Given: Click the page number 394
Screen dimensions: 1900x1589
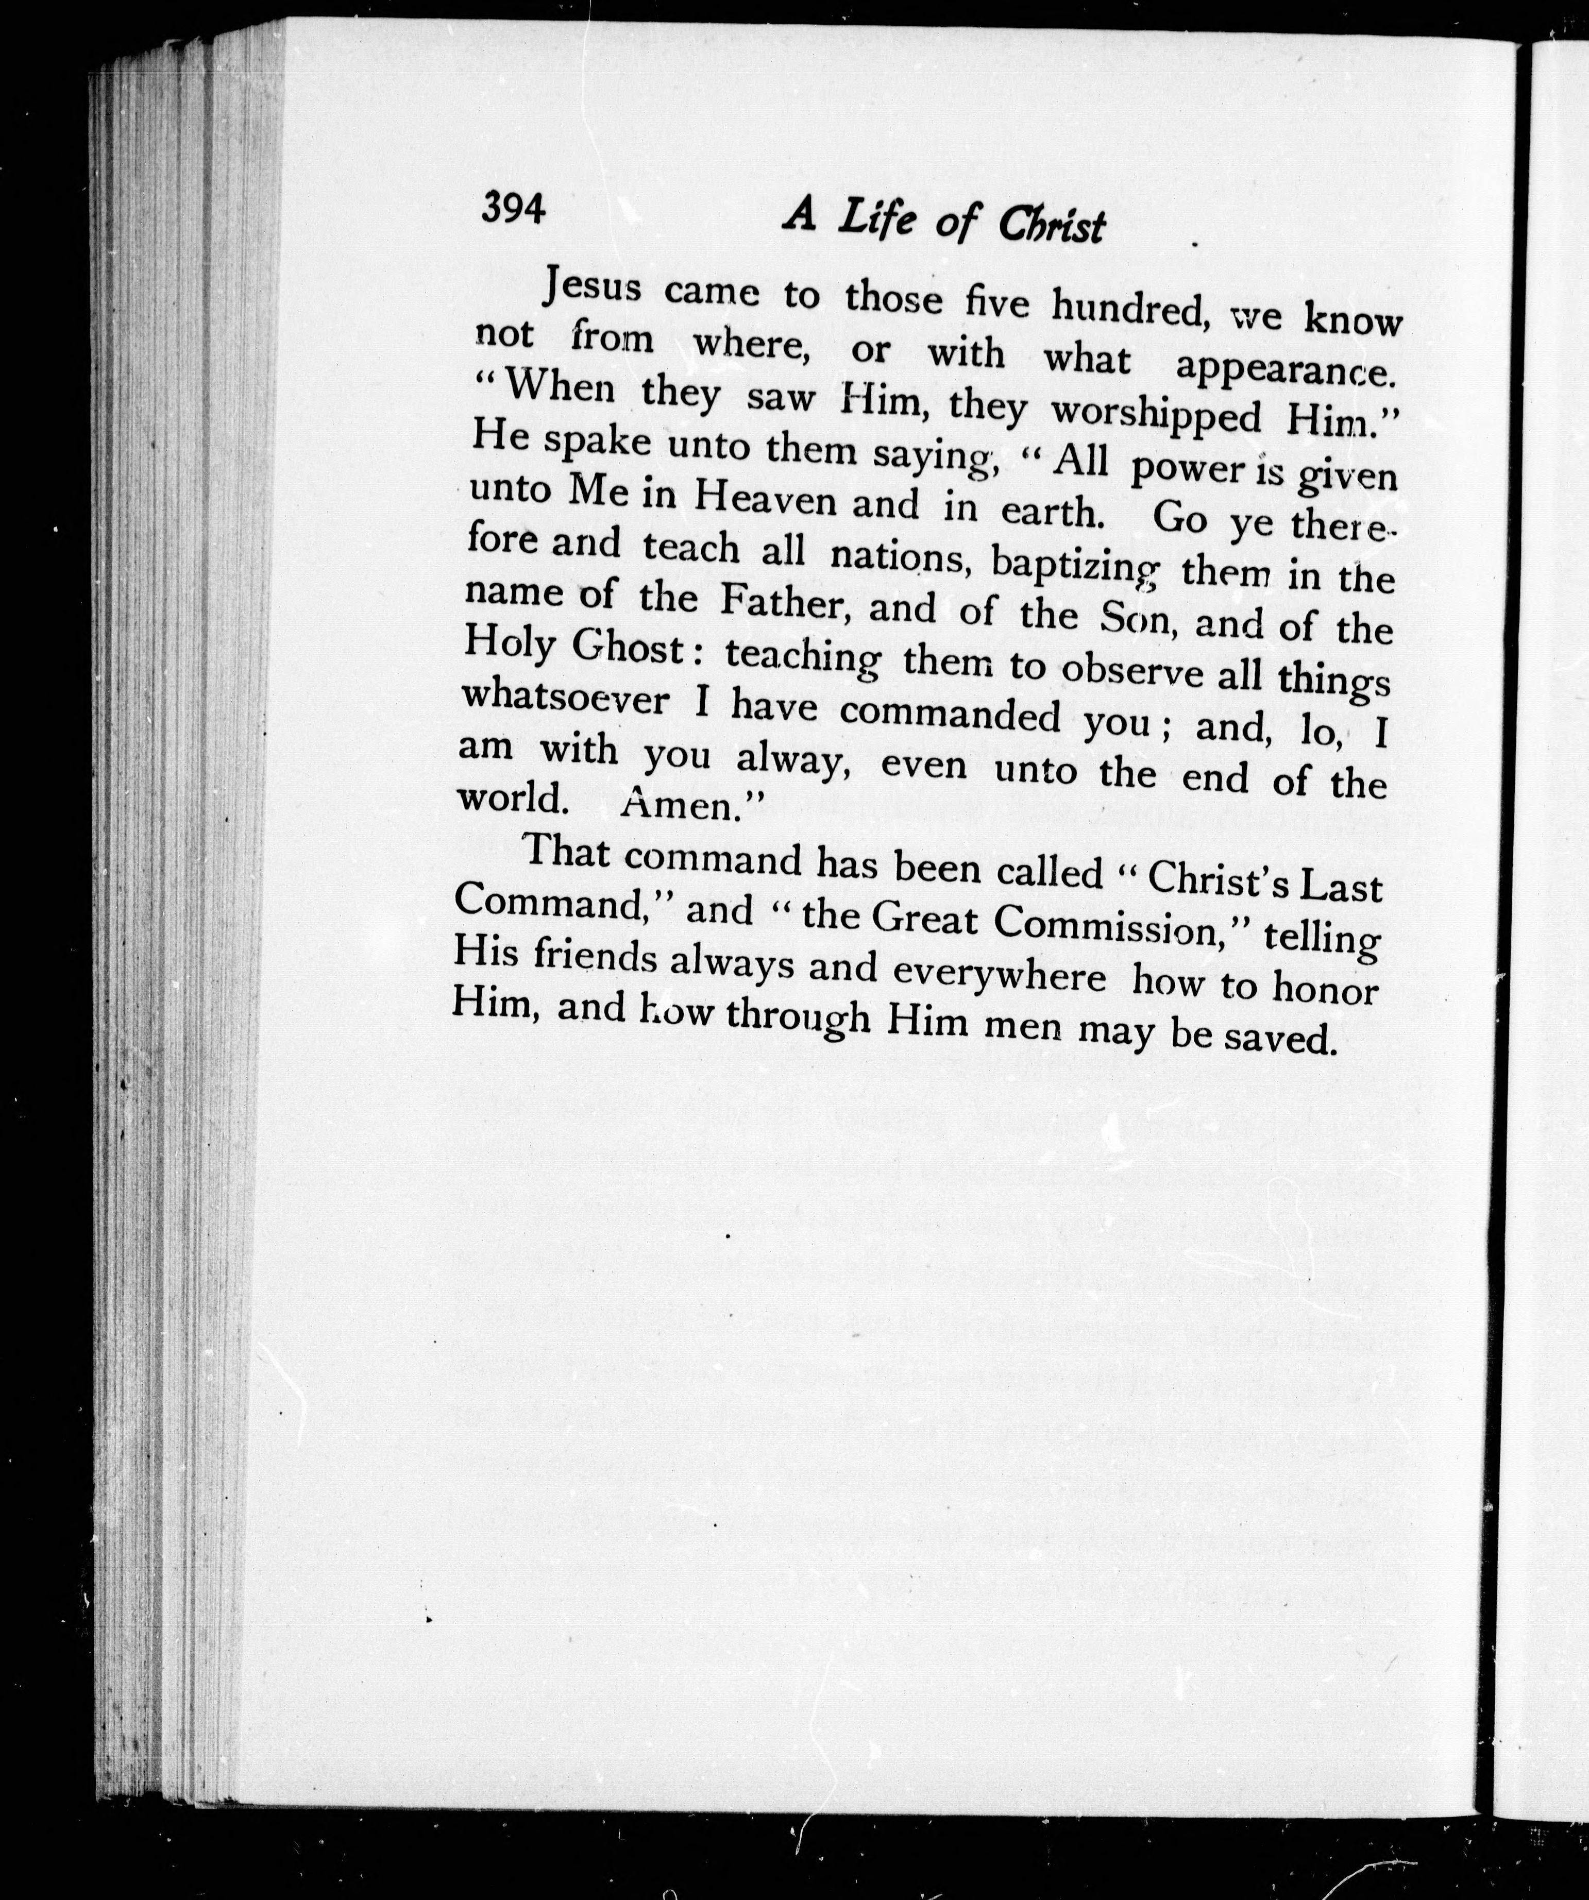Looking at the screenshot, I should [513, 209].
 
